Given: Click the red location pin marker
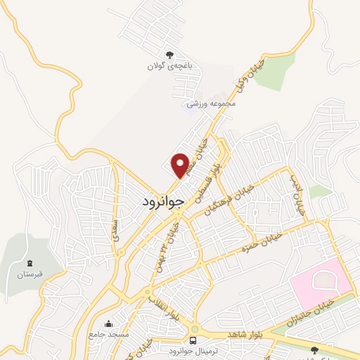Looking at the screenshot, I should [180, 165].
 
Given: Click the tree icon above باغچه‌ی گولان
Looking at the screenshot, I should [169, 54].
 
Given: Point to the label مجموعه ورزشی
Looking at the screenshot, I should [211, 103].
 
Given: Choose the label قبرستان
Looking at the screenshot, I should [30, 273].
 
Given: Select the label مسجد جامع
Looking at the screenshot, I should [108, 335].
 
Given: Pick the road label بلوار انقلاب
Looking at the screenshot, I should [163, 307].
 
